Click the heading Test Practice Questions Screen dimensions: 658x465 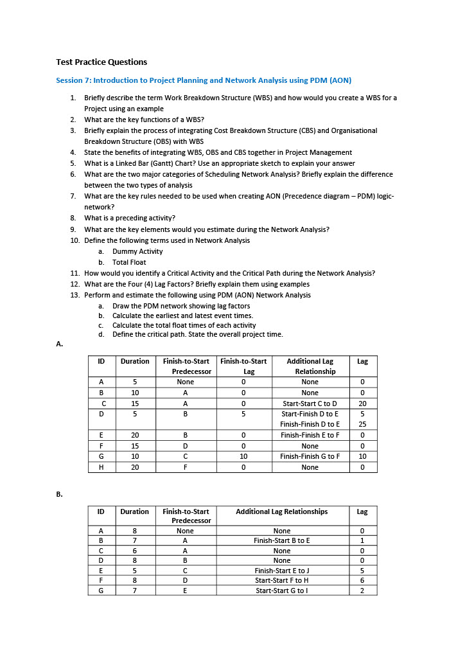[x=101, y=62]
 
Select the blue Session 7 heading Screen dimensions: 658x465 [x=204, y=80]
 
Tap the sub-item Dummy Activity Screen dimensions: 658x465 [x=137, y=251]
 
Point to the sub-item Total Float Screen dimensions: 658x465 [x=129, y=262]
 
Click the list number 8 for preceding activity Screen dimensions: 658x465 [x=74, y=218]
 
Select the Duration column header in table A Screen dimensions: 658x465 [x=135, y=362]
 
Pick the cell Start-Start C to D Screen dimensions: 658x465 [x=310, y=404]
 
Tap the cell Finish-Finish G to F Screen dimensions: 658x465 [x=310, y=456]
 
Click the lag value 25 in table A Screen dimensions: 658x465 [x=362, y=424]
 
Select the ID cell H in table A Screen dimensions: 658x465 [x=101, y=467]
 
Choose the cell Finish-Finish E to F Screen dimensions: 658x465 [x=310, y=435]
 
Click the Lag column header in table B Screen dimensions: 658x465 [x=362, y=511]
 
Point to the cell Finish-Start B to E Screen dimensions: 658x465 [x=282, y=541]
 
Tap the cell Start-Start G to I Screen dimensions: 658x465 [x=282, y=591]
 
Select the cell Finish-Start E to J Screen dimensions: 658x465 [x=282, y=571]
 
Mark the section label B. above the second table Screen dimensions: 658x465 [x=60, y=494]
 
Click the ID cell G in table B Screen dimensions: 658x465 [x=101, y=591]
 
